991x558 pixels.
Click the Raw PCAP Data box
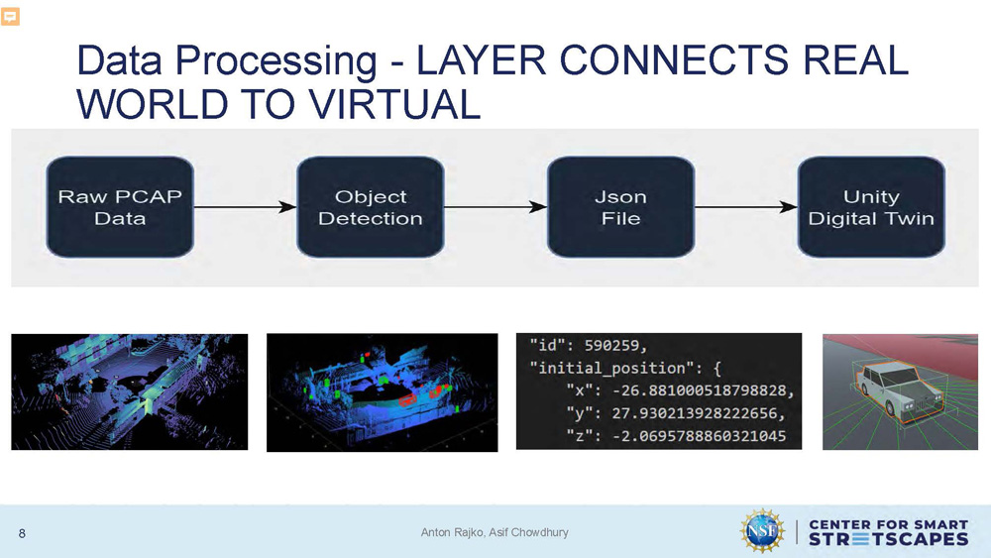click(120, 206)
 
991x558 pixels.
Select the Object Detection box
click(370, 206)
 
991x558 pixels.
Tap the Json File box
click(620, 206)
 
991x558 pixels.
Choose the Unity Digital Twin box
click(871, 206)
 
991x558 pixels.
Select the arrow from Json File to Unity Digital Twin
click(745, 207)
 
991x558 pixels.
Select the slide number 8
click(22, 534)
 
